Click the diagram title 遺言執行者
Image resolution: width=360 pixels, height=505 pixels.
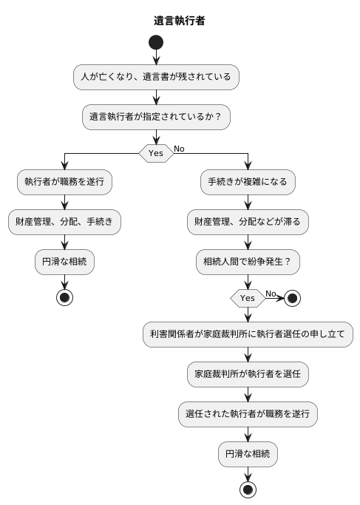[180, 21]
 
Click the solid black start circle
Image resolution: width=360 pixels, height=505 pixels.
[156, 42]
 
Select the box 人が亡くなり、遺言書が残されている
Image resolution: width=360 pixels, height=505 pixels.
[156, 77]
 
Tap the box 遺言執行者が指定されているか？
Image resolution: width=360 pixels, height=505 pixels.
[156, 116]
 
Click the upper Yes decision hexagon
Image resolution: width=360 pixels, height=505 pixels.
[156, 153]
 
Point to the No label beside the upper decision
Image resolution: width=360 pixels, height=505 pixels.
[180, 149]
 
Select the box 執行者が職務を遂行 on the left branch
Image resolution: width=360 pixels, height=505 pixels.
[64, 182]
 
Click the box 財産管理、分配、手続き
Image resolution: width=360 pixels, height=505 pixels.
[64, 221]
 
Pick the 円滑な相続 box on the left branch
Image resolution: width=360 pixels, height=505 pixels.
[64, 261]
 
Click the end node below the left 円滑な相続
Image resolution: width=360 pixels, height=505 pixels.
[64, 296]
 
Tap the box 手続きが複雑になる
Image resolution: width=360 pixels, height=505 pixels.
[248, 182]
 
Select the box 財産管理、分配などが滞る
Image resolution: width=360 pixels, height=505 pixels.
[248, 221]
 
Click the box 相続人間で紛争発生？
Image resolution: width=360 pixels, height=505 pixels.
[248, 261]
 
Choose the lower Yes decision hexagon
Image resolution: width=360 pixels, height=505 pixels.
[248, 298]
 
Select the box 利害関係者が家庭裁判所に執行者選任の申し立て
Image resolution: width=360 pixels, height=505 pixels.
[248, 334]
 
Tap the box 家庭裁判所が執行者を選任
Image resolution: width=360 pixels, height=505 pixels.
[248, 374]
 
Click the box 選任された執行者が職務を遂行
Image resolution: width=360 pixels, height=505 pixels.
[248, 414]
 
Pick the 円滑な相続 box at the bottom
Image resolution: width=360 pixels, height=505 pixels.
[248, 454]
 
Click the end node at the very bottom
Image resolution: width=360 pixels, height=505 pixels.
[248, 489]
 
